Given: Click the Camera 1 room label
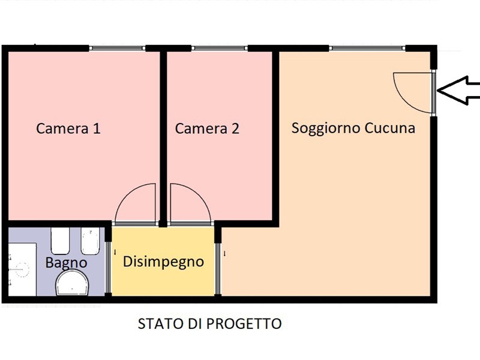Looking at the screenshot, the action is point(68,128).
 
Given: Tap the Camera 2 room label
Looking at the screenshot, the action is point(207,128).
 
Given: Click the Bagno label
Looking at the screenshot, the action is point(66,263).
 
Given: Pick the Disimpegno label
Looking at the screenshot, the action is point(163,262).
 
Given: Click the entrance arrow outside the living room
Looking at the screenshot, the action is point(458,91).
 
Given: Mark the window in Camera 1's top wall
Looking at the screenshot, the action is point(117,48).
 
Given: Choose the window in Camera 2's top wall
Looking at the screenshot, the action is point(219,48).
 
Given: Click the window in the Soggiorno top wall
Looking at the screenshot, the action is point(367,48).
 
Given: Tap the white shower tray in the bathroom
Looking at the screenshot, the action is point(22,269).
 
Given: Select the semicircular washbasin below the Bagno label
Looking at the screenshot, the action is point(72,284).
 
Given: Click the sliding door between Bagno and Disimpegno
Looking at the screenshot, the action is point(108,268).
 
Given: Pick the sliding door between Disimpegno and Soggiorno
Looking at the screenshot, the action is point(217,268).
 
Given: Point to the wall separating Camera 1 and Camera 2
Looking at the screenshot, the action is point(163,139).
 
